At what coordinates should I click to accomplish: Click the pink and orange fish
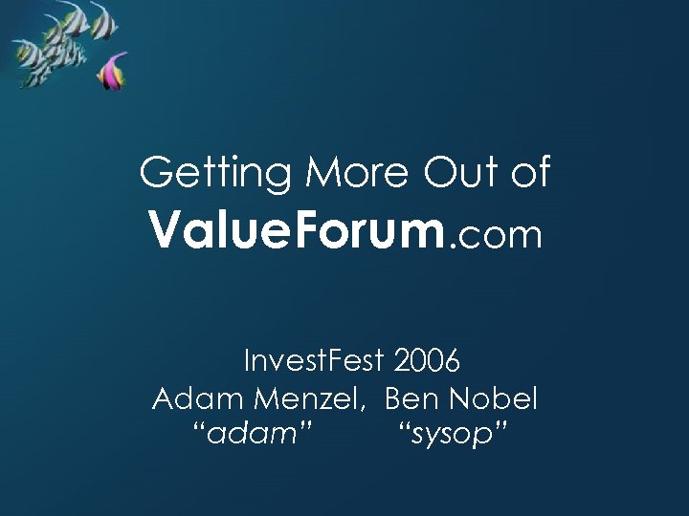point(114,73)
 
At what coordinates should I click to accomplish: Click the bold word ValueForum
point(297,232)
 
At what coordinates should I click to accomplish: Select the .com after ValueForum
point(496,235)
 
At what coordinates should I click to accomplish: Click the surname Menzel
point(311,398)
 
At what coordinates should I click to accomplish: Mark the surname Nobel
point(494,398)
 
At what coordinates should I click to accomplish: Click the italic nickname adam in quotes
point(253,435)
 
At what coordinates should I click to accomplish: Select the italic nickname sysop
point(451,436)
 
